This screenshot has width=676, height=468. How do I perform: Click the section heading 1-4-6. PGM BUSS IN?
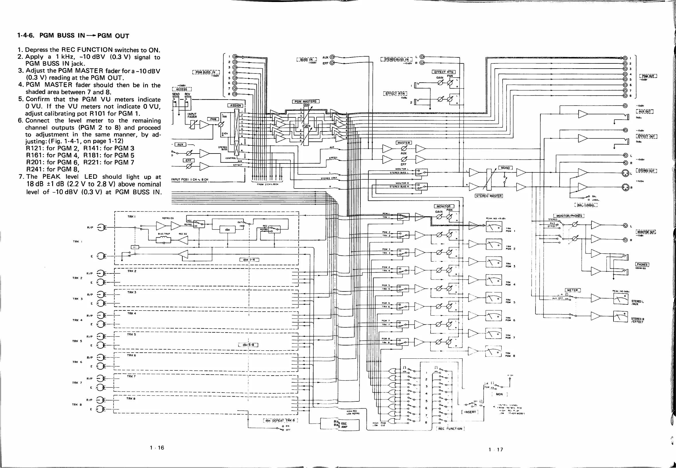pyautogui.click(x=73, y=36)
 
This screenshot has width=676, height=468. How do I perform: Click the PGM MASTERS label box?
pyautogui.click(x=306, y=102)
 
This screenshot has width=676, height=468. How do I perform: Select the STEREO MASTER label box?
pyautogui.click(x=489, y=196)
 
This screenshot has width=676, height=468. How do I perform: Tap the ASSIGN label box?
pyautogui.click(x=235, y=105)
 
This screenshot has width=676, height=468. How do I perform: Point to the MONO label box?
pyautogui.click(x=505, y=168)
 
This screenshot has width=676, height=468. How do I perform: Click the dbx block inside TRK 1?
pyautogui.click(x=227, y=230)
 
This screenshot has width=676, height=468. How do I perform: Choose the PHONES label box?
pyautogui.click(x=642, y=265)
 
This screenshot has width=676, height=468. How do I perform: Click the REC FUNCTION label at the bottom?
pyautogui.click(x=450, y=429)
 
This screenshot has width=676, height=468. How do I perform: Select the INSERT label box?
pyautogui.click(x=470, y=412)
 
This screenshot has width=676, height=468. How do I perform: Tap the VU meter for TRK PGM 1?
pyautogui.click(x=494, y=227)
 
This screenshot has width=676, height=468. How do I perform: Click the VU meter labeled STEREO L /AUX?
pyautogui.click(x=621, y=299)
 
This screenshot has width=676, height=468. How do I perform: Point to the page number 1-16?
pyautogui.click(x=157, y=448)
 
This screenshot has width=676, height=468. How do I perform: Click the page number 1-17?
pyautogui.click(x=496, y=450)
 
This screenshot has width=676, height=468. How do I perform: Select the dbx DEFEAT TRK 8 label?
pyautogui.click(x=280, y=420)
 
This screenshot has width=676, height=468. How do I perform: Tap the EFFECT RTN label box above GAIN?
pyautogui.click(x=443, y=72)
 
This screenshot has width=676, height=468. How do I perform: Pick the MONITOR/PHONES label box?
pyautogui.click(x=568, y=216)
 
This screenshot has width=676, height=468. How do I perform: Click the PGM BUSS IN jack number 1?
pyautogui.click(x=235, y=57)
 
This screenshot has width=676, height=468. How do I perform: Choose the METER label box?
pyautogui.click(x=572, y=290)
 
